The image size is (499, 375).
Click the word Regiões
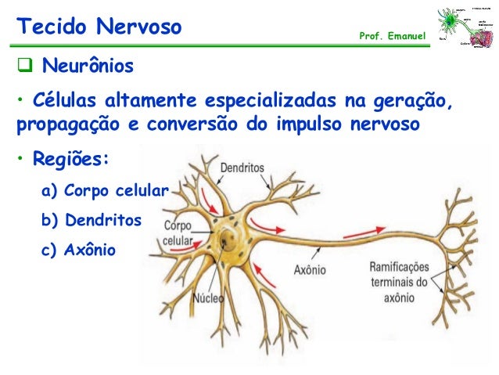click(72, 161)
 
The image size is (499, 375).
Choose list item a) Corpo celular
click(105, 191)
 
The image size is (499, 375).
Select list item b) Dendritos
click(91, 221)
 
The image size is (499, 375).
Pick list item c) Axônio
click(77, 250)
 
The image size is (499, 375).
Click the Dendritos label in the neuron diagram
click(242, 168)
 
